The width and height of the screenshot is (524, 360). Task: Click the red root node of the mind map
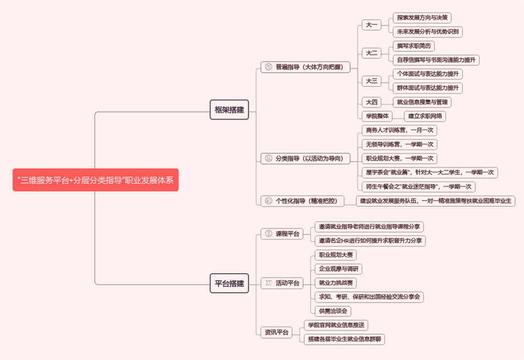(x=95, y=180)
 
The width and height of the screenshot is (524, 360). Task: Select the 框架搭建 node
(x=229, y=109)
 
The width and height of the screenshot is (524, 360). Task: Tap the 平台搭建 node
(x=229, y=283)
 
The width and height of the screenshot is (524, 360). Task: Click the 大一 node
(x=371, y=25)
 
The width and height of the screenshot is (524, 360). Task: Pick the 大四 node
(x=371, y=102)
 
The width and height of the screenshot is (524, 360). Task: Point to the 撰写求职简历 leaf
(x=414, y=46)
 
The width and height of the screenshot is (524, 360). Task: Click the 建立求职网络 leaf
(x=425, y=116)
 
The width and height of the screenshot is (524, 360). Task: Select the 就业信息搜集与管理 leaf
(x=422, y=102)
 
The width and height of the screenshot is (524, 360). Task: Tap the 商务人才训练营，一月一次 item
(x=399, y=131)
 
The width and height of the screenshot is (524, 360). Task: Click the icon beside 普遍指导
(x=268, y=67)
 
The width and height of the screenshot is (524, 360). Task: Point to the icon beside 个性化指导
(x=268, y=201)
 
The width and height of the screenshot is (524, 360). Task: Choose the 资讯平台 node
(x=276, y=332)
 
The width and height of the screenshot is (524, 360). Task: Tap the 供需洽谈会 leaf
(x=333, y=311)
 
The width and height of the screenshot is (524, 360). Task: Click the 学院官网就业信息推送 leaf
(x=336, y=325)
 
